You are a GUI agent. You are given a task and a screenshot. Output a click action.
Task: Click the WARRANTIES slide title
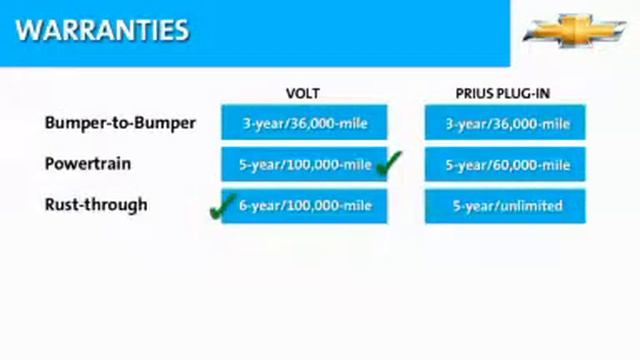pyautogui.click(x=102, y=29)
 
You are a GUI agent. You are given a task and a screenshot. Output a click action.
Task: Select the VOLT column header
pyautogui.click(x=303, y=93)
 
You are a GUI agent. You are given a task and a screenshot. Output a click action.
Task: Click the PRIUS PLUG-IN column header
pyautogui.click(x=504, y=93)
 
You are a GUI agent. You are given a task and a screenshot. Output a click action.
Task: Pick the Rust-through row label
pyautogui.click(x=96, y=205)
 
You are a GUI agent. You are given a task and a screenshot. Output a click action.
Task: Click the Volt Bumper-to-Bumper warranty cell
pyautogui.click(x=303, y=124)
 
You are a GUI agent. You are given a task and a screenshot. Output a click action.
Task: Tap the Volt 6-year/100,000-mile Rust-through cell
pyautogui.click(x=303, y=206)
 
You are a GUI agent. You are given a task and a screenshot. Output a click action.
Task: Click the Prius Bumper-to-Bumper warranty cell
pyautogui.click(x=505, y=124)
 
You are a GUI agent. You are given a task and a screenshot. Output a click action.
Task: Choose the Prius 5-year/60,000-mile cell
pyautogui.click(x=505, y=165)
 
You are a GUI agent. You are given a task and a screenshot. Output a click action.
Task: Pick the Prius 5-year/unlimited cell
pyautogui.click(x=505, y=206)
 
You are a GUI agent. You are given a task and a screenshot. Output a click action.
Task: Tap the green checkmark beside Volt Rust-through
pyautogui.click(x=221, y=208)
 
